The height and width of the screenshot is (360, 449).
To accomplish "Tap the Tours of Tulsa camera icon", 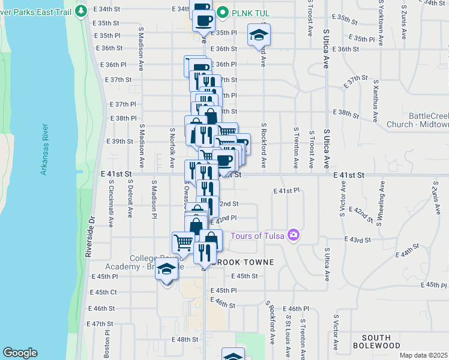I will click(294, 235).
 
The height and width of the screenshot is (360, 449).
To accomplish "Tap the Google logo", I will click(20, 353).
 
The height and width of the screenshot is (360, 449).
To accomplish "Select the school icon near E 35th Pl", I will click(259, 35).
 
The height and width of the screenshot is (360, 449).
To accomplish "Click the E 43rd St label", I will click(360, 239).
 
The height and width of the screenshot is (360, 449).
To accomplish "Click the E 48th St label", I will click(187, 339).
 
